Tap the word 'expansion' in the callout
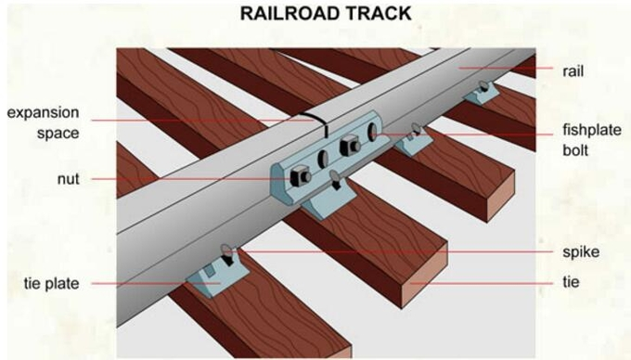click(44, 113)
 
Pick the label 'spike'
click(578, 251)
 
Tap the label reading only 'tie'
click(571, 279)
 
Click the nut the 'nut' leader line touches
click(300, 176)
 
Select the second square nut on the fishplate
click(351, 145)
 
